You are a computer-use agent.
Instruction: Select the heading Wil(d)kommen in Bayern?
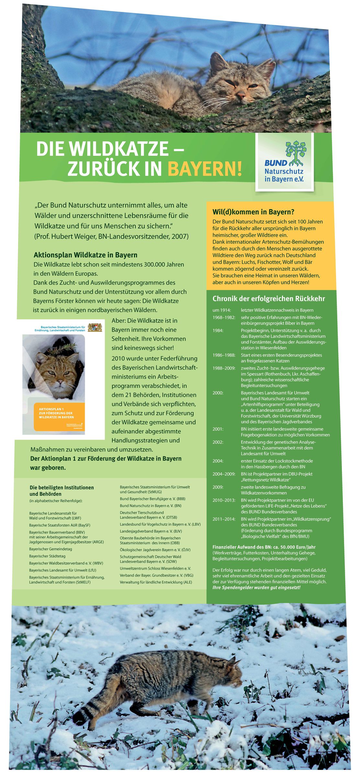253,212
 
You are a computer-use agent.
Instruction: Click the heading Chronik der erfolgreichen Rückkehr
268,298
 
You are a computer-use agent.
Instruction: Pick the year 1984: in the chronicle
218,331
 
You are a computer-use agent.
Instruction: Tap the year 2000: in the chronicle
218,393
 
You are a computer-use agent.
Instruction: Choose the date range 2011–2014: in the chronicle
224,519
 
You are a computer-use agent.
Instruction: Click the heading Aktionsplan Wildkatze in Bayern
85,255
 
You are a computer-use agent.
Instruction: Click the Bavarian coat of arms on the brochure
95,327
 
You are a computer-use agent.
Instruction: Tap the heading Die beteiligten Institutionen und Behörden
62,490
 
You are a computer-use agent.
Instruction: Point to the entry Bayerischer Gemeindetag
51,549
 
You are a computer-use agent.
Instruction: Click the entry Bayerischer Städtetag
47,556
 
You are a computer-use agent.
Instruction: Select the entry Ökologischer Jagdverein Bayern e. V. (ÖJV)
155,550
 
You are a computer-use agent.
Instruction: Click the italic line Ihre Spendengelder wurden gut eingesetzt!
256,587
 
